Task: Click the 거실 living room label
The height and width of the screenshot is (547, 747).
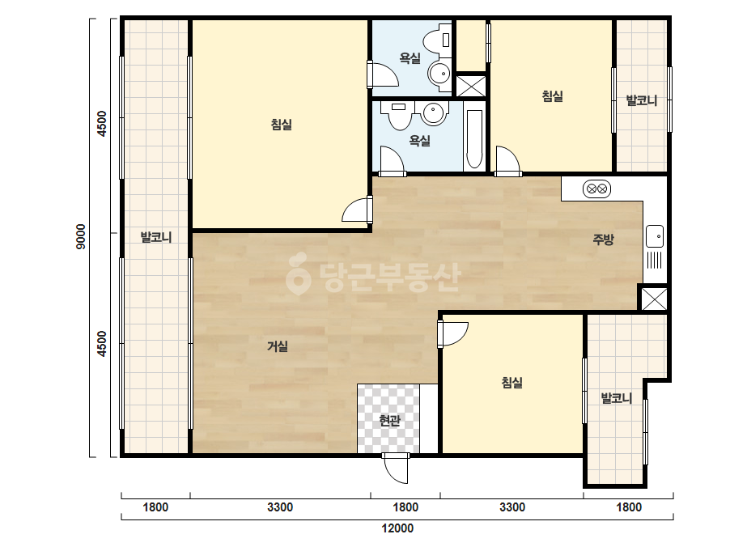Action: click(x=278, y=346)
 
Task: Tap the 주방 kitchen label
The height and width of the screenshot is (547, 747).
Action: click(x=603, y=240)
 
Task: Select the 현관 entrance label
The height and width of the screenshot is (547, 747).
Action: click(x=390, y=420)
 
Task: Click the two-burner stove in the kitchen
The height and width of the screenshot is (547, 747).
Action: click(x=596, y=189)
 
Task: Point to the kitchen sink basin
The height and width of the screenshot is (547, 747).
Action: click(x=655, y=236)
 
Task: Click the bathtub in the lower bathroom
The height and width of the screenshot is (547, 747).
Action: click(x=474, y=138)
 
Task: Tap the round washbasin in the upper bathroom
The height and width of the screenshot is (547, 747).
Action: click(x=439, y=74)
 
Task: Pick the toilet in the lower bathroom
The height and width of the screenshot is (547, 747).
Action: click(x=399, y=116)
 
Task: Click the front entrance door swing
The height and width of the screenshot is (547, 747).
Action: click(x=396, y=468)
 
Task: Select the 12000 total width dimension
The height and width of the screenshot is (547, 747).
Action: click(x=397, y=528)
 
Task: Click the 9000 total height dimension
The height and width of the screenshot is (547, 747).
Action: click(x=81, y=237)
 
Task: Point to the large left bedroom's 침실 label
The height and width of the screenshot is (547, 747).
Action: click(x=281, y=125)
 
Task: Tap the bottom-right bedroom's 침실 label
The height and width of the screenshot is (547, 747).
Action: click(x=512, y=382)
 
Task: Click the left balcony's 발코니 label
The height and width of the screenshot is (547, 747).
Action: click(x=155, y=237)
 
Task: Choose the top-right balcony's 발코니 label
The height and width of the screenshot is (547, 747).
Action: click(x=641, y=100)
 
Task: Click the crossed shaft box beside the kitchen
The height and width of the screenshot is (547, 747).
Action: click(x=655, y=299)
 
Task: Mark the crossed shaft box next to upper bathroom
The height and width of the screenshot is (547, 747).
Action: click(x=471, y=86)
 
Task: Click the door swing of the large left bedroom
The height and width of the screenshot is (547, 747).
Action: click(x=357, y=210)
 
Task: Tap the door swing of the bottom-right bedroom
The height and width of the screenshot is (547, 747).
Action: click(x=453, y=334)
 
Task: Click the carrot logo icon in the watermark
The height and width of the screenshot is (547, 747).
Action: click(x=298, y=273)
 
